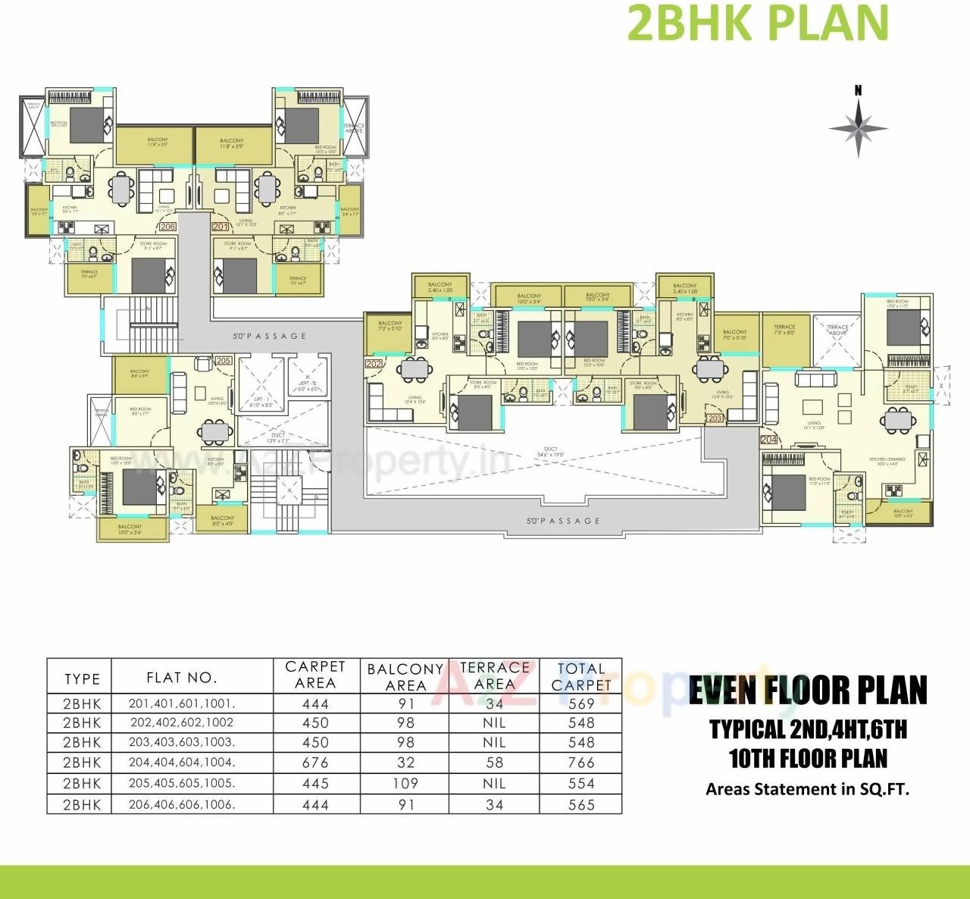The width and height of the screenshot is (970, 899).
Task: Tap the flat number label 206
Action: click(x=167, y=226)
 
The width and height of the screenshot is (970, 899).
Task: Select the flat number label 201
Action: click(x=220, y=226)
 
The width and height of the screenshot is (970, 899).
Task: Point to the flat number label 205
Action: click(x=223, y=361)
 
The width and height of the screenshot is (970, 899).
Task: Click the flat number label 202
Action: click(x=374, y=364)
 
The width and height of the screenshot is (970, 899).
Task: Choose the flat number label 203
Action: click(x=715, y=418)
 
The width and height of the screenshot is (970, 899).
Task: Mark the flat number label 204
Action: click(x=768, y=439)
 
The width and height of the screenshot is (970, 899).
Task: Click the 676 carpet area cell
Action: click(x=315, y=763)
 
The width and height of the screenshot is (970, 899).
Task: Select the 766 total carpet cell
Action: click(x=581, y=763)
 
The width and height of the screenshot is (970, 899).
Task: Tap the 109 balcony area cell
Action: click(x=405, y=784)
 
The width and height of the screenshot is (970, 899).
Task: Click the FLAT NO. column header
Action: click(x=182, y=678)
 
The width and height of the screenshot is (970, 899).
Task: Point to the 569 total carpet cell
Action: click(x=581, y=703)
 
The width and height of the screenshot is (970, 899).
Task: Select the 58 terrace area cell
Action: click(x=494, y=763)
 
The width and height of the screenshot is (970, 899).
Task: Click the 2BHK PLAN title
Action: click(x=758, y=23)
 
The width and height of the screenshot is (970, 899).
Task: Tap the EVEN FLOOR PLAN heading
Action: click(x=808, y=690)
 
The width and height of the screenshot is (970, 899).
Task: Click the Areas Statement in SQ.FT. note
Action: click(x=807, y=789)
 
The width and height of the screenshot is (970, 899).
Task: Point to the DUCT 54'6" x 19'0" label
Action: click(x=551, y=453)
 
